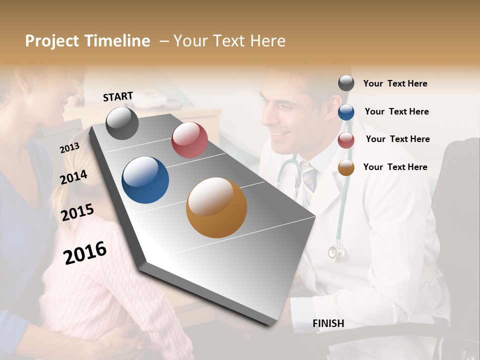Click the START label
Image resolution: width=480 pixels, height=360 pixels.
(x=118, y=96)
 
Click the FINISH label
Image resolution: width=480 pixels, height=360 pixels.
(x=328, y=323)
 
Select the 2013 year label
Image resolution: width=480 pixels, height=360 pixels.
(x=69, y=148)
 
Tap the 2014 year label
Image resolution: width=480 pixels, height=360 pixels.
(x=73, y=177)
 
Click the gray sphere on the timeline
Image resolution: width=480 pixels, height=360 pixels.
(x=122, y=123)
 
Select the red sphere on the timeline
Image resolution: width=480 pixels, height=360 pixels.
(x=189, y=140)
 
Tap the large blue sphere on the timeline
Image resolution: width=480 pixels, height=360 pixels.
(x=145, y=180)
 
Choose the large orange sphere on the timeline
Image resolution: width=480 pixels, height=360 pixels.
(x=216, y=207)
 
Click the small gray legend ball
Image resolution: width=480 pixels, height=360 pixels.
(x=346, y=83)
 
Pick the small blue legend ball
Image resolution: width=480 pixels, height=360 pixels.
(x=346, y=112)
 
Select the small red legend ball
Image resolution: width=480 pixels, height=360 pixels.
(x=346, y=140)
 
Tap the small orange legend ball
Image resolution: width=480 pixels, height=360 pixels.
(x=346, y=167)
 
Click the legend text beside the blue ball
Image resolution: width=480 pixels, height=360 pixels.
(x=396, y=111)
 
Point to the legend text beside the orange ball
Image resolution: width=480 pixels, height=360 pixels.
(x=395, y=167)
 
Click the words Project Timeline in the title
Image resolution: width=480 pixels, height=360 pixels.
(x=87, y=41)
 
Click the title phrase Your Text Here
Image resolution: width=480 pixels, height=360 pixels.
(x=229, y=41)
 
